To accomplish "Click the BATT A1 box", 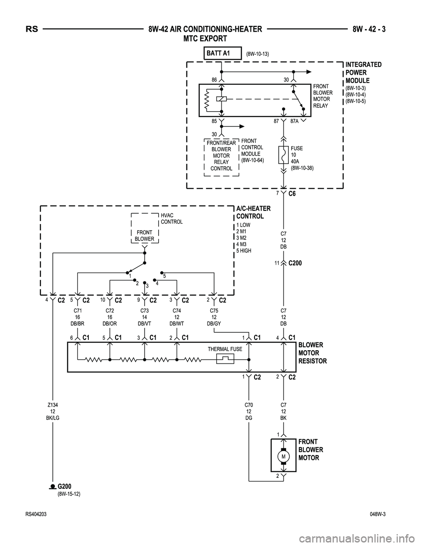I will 223,53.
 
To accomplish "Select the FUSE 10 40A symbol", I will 284,156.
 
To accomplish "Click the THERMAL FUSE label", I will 225,349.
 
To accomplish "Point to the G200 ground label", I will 64,486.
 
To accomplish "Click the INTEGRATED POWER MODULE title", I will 364,73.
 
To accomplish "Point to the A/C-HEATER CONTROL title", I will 253,212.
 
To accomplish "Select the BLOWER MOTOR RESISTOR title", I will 312,353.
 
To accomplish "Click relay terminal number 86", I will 214,80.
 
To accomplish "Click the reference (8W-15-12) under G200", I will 69,494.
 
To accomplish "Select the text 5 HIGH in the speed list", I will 244,251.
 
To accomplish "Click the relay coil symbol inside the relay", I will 222,99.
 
